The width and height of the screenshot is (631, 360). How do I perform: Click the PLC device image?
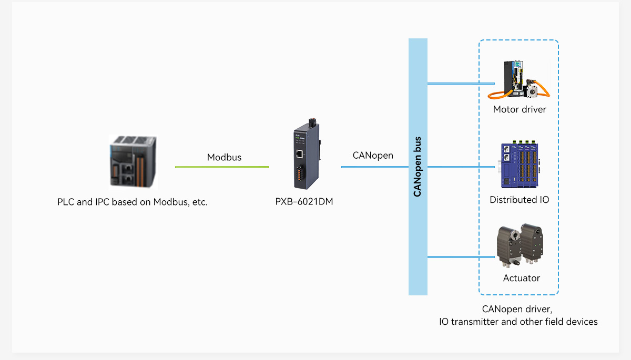(x=133, y=161)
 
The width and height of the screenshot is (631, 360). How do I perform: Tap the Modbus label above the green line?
(x=224, y=157)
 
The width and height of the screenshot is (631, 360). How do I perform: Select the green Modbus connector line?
(x=221, y=167)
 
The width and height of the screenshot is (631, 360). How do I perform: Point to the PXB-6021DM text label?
(x=304, y=201)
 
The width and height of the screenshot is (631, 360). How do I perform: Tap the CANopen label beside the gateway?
(x=373, y=156)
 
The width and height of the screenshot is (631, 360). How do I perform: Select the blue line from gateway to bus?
(x=374, y=167)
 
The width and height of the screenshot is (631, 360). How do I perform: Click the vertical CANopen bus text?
(x=418, y=167)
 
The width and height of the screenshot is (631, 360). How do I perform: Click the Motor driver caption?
(x=520, y=109)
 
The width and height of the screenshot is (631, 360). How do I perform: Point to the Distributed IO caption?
(x=519, y=200)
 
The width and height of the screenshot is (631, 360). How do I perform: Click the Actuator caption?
(x=521, y=278)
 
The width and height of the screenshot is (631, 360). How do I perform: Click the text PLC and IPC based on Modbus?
(x=133, y=202)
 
